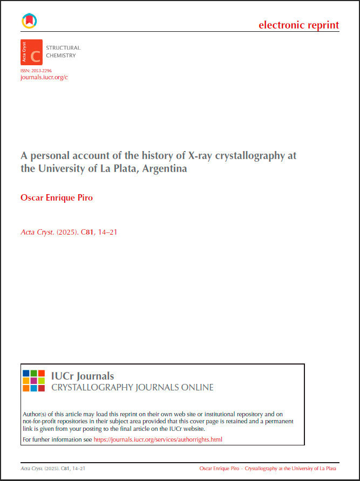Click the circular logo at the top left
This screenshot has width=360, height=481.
[29, 20]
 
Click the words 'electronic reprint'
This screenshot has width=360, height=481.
[298, 25]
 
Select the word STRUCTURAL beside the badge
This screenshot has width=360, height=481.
[64, 48]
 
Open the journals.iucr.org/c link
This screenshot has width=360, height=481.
[44, 78]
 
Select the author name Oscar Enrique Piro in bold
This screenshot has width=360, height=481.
[57, 197]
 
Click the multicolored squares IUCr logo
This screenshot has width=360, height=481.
[33, 381]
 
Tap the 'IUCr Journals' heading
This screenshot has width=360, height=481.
[82, 376]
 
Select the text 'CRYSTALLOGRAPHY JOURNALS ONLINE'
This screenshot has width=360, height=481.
[132, 388]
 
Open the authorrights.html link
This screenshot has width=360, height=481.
[158, 439]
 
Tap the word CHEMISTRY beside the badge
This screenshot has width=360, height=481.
[61, 56]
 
